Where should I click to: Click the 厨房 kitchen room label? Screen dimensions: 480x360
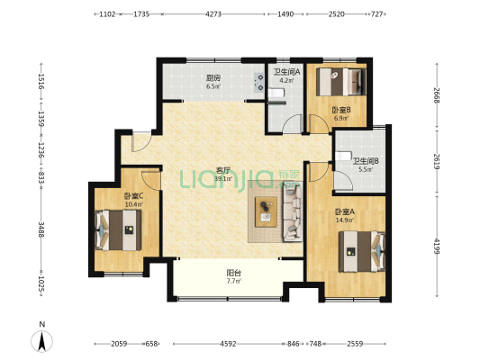213,78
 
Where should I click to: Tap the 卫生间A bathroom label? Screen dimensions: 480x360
286,72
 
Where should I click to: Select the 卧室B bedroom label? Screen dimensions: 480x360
341,110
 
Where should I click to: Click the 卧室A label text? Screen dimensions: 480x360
345,211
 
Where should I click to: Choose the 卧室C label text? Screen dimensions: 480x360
134,196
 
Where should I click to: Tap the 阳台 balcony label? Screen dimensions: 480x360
233,272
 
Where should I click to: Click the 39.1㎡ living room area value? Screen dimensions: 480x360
223,178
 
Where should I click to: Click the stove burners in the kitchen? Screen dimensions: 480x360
259,82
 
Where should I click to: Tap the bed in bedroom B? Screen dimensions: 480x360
341,82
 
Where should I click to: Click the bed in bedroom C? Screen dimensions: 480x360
118,230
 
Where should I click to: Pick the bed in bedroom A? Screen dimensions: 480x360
362,251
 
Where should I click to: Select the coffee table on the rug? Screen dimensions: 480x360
266,211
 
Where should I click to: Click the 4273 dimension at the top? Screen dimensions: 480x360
213,14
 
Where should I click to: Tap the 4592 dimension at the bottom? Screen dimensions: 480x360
228,344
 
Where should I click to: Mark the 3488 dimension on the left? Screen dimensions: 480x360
41,228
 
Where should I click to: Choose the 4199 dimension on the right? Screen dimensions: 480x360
437,247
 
